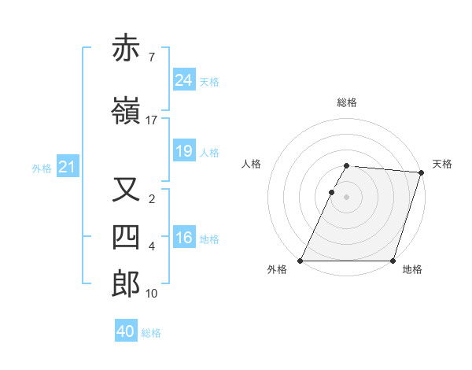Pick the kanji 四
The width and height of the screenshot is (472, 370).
(x=127, y=238)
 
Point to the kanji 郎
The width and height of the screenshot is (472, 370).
(x=127, y=285)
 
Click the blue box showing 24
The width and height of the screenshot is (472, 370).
(x=184, y=80)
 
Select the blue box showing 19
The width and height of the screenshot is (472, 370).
(x=184, y=151)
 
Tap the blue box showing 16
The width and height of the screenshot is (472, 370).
(x=184, y=238)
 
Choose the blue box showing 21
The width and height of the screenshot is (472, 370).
(x=67, y=167)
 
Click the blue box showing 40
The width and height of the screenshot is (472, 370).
(x=126, y=331)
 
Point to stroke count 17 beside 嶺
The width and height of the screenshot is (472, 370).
(x=152, y=120)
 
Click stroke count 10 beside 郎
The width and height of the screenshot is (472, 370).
(x=152, y=294)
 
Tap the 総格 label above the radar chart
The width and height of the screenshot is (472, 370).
(x=347, y=102)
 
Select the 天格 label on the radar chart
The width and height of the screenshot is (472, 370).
(x=442, y=164)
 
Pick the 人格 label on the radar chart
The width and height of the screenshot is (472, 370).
(x=252, y=164)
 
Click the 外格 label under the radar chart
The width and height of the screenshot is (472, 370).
(x=277, y=270)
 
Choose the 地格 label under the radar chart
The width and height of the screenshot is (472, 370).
(x=412, y=270)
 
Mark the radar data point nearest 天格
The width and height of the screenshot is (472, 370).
(x=422, y=172)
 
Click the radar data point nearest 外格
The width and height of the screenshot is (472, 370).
(x=301, y=261)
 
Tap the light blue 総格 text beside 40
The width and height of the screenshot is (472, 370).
(x=151, y=333)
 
